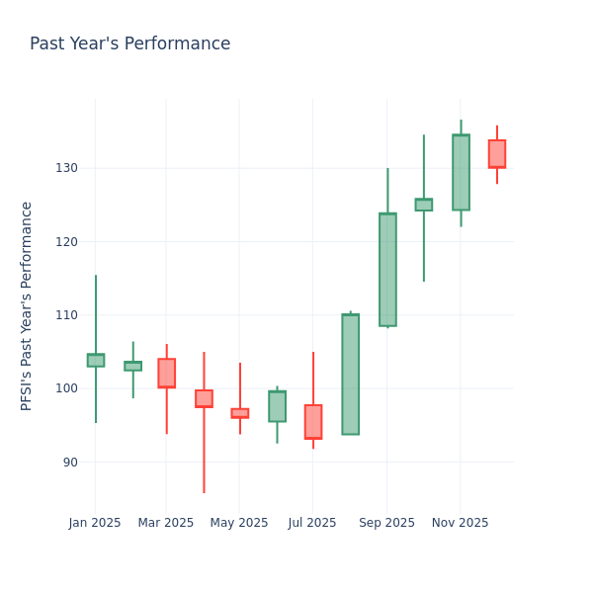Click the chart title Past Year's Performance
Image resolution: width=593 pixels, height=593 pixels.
coord(129,44)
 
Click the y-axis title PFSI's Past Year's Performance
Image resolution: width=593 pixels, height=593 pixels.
coord(27,305)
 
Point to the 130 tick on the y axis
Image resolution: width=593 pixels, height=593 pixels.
coord(65,168)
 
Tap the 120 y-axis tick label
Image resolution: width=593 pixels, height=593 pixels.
coord(65,241)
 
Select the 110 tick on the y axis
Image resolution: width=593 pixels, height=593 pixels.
coord(65,315)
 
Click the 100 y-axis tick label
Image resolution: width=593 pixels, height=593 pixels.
coord(65,388)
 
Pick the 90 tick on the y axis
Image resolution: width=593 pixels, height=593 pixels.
coord(68,462)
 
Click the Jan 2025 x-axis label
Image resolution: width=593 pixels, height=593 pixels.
coord(95,523)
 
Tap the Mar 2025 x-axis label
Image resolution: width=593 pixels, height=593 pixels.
coord(166,523)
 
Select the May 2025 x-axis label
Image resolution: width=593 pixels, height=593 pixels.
coord(239,523)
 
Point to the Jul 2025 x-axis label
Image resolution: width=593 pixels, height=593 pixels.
coord(312,523)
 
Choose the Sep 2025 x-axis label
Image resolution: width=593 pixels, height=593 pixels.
coord(386,523)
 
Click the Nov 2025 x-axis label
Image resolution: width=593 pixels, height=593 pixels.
coord(460,523)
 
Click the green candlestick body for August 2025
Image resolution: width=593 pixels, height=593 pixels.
coord(350,375)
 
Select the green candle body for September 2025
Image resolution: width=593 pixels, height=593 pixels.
coord(387,270)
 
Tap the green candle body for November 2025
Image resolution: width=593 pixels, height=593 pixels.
coord(461,172)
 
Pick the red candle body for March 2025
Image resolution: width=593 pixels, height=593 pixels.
coord(166,373)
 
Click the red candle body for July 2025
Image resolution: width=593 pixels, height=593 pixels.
coord(313,421)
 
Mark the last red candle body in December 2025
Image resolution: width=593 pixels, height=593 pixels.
coord(497,154)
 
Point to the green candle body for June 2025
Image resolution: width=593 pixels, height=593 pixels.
coord(277,406)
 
